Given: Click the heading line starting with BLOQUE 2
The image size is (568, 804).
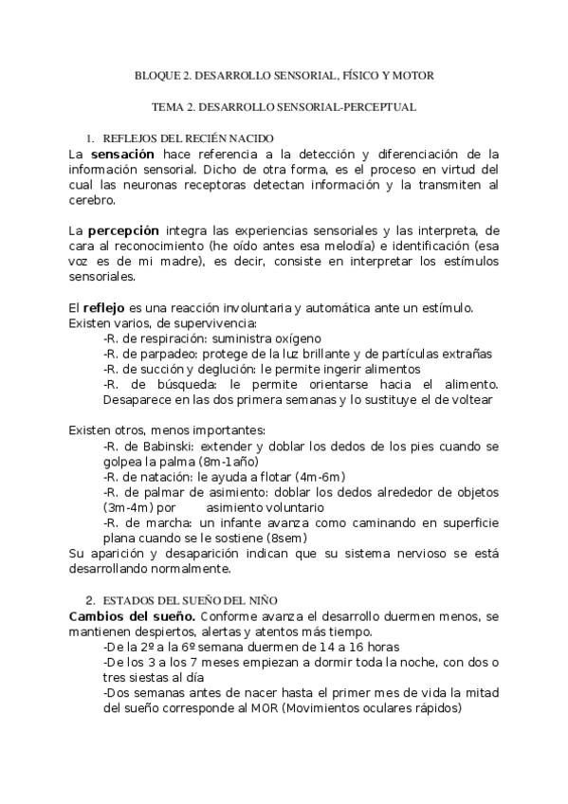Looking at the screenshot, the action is point(284,74).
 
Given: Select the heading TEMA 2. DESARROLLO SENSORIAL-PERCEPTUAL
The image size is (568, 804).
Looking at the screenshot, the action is point(284,107).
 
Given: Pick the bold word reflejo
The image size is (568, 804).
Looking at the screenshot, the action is point(103,307).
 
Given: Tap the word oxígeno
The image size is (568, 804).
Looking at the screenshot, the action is point(297,338).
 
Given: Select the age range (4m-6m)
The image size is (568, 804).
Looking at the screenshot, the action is point(315,476).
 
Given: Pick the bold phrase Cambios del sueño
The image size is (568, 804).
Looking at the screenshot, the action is point(132,616).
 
